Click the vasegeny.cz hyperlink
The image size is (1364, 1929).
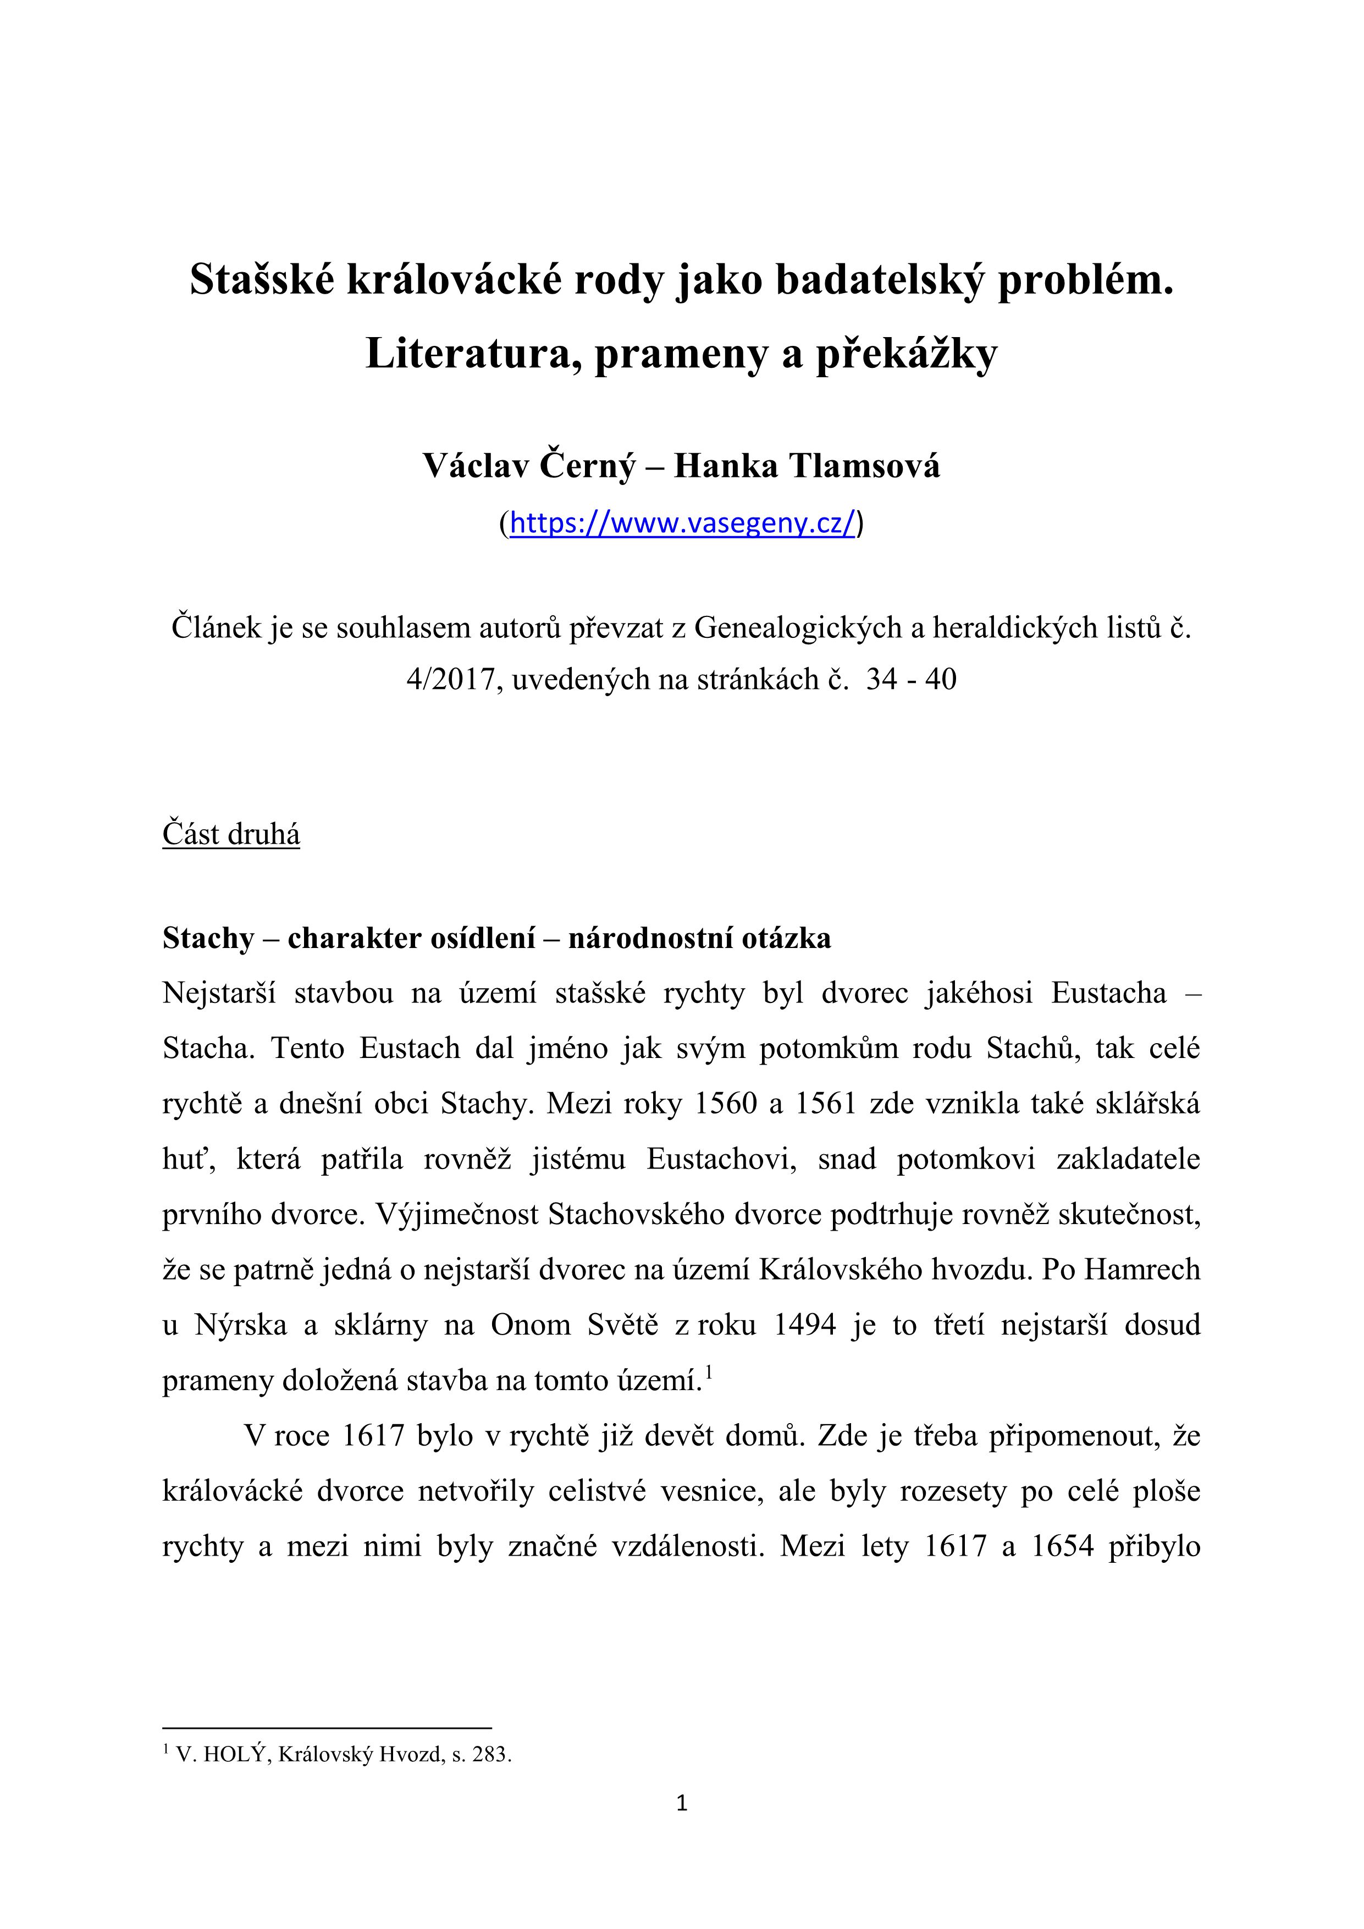pos(682,523)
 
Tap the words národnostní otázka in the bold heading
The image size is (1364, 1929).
pos(700,938)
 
